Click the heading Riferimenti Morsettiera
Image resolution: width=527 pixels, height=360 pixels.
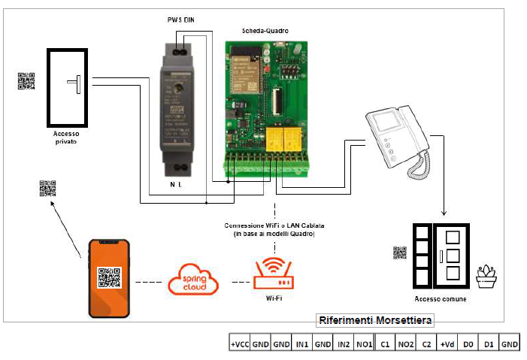(375, 321)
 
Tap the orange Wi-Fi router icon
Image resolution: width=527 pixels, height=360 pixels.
(274, 274)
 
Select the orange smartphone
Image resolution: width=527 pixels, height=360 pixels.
(109, 277)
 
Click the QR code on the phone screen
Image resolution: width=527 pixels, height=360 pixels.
(109, 277)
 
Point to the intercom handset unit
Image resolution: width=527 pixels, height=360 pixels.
(398, 143)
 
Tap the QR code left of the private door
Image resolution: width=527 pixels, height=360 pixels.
(26, 81)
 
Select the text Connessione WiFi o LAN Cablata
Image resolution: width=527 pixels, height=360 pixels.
(275, 226)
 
